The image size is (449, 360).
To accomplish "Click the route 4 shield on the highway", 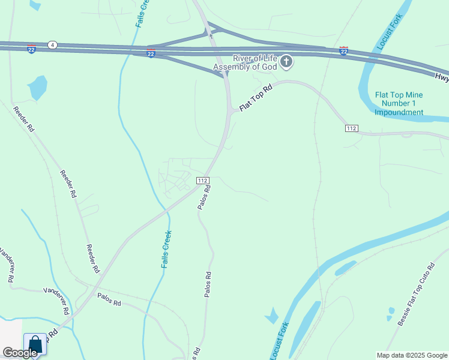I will (x=53, y=45).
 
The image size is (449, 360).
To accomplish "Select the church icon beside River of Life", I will (x=287, y=61).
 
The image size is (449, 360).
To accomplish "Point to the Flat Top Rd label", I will (x=256, y=98).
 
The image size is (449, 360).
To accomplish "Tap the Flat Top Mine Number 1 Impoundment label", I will (x=399, y=103).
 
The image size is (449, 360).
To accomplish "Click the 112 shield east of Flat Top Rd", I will (x=352, y=128).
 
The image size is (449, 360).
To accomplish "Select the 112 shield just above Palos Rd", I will (x=202, y=180).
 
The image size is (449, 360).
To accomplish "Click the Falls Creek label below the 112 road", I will (x=167, y=249).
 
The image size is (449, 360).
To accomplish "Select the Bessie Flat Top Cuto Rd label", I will (x=415, y=294).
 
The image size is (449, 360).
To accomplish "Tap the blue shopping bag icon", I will (x=35, y=345).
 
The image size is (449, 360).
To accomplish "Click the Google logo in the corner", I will (x=20, y=353).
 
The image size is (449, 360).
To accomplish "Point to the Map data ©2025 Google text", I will (x=411, y=355).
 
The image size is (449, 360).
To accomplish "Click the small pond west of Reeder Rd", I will (x=37, y=88).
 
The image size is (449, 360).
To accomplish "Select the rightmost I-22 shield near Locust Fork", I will (x=343, y=51).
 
